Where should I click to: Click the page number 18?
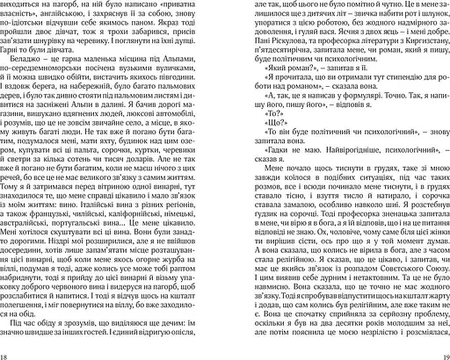[x=7, y=352]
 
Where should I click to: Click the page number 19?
[x=442, y=352]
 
